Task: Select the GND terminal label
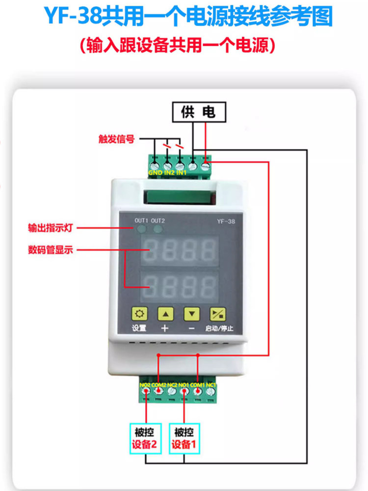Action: point(156,172)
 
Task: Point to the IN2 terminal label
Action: point(168,172)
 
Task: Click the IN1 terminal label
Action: point(181,172)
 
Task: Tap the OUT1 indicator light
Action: point(141,229)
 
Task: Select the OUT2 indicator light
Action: point(158,229)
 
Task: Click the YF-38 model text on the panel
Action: point(226,221)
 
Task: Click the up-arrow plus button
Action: point(165,313)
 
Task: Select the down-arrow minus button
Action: point(191,313)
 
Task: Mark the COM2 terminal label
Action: point(158,384)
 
